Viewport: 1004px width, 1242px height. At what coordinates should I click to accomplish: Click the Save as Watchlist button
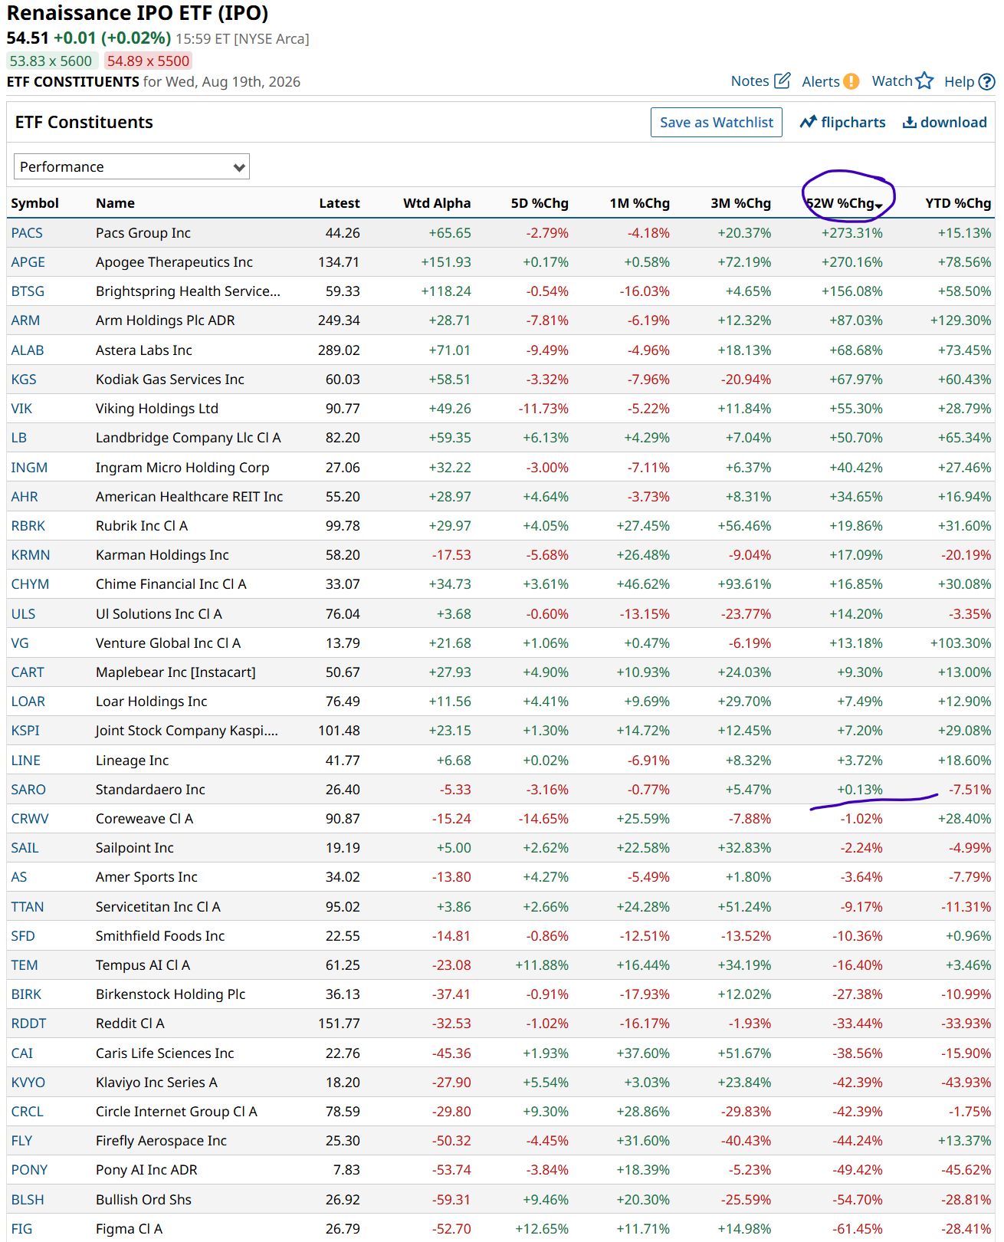[716, 122]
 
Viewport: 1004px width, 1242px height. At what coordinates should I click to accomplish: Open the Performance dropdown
[131, 167]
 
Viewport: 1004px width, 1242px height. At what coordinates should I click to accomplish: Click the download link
[944, 122]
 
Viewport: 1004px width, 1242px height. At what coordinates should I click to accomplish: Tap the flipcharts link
[842, 122]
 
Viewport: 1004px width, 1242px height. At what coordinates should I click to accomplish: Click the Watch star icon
[924, 80]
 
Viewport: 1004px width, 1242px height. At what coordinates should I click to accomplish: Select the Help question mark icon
[986, 81]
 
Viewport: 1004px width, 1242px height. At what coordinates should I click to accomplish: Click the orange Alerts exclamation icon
[851, 81]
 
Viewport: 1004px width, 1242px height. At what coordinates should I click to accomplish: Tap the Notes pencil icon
[782, 80]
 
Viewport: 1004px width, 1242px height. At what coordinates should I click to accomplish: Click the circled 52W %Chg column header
[844, 203]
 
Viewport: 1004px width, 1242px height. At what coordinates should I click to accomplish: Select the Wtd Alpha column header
[436, 203]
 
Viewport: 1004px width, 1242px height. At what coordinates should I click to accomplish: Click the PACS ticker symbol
[27, 232]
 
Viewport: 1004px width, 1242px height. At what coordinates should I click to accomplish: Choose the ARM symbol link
[25, 320]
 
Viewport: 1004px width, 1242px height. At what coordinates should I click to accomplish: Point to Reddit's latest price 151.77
[339, 1023]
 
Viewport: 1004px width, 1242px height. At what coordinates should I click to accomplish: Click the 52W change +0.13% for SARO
[859, 789]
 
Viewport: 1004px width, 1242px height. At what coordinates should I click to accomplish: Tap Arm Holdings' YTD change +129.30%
[960, 320]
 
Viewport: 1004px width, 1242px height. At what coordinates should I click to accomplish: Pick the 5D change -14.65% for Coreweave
[543, 818]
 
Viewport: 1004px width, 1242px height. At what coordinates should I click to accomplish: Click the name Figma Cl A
[130, 1229]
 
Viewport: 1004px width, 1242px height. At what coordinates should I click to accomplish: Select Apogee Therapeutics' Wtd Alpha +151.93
[446, 261]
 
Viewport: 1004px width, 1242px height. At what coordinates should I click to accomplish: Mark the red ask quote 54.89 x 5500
[148, 61]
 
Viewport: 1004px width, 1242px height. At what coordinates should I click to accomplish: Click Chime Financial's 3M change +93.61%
[744, 583]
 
